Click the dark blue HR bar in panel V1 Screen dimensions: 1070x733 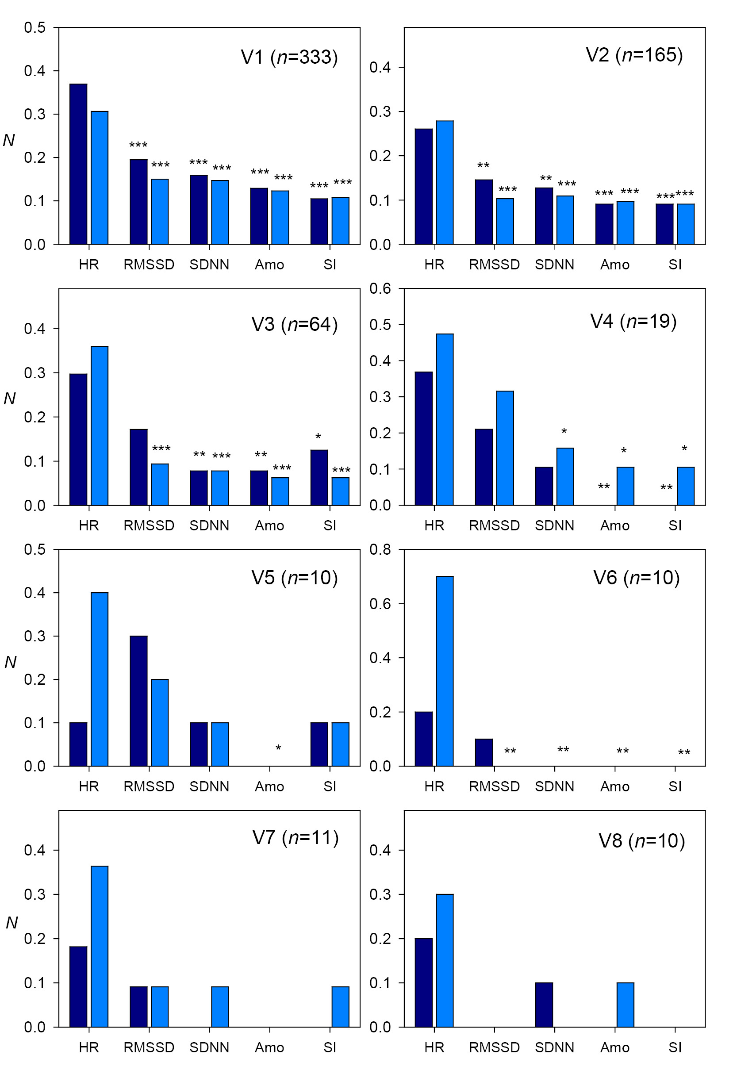(78, 164)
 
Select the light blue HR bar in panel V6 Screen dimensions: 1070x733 (444, 671)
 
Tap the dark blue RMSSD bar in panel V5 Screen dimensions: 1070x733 (138, 701)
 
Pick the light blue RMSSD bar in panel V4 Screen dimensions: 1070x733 (505, 448)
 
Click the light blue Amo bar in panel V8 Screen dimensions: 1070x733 (625, 1005)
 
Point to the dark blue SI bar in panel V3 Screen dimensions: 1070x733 (319, 477)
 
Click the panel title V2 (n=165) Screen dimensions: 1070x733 (634, 55)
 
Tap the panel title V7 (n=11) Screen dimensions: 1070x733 (295, 837)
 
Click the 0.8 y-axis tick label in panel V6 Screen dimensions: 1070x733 (380, 549)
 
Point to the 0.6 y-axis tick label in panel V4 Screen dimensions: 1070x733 (380, 289)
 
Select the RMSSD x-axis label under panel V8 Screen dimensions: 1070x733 (494, 1047)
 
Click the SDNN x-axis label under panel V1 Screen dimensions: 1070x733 (209, 265)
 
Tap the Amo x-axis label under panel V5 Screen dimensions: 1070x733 (269, 786)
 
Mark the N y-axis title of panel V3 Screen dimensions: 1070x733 (10, 398)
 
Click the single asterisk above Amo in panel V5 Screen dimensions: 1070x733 (278, 748)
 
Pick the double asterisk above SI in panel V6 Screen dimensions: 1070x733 (684, 752)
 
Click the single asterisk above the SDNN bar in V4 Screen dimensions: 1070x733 (564, 431)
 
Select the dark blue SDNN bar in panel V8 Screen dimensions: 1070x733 (544, 1005)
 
